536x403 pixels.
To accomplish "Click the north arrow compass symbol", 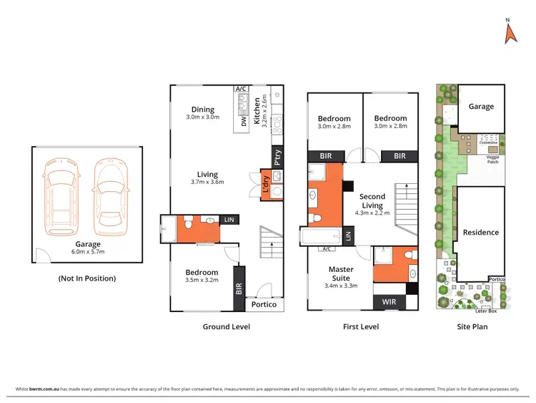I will [510, 32].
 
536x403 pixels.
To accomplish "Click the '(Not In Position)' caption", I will [87, 278].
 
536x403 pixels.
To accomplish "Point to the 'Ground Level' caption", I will [227, 326].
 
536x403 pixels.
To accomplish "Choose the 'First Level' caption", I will [362, 326].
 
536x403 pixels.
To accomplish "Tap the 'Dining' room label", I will [202, 110].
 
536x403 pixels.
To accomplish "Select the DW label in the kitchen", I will [244, 123].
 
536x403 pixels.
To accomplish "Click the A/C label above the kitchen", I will [240, 89].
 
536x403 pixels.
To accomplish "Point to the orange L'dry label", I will [264, 184].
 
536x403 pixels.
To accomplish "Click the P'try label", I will [277, 155].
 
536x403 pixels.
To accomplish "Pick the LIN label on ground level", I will [228, 220].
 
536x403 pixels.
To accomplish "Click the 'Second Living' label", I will [372, 201].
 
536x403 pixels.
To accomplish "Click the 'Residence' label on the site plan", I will [481, 233].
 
